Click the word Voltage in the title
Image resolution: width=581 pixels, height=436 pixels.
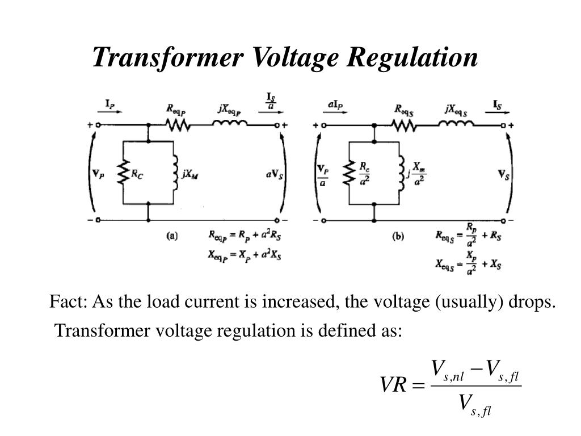[295, 58]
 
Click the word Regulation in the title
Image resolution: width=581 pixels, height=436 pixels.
[412, 58]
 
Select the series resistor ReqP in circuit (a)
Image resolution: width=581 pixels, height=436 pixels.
[178, 125]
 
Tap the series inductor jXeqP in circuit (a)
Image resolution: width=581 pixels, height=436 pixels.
[230, 123]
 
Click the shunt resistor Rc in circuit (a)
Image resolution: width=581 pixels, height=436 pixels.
[123, 173]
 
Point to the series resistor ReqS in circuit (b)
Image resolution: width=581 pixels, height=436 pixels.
[404, 125]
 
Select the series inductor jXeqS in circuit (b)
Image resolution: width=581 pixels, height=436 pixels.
[456, 123]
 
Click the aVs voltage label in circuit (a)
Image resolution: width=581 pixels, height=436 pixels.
[275, 174]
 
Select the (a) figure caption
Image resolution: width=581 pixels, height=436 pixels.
[172, 236]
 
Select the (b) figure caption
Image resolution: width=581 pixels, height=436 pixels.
[398, 236]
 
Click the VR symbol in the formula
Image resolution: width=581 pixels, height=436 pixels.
[393, 385]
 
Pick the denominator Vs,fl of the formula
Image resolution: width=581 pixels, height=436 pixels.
[475, 405]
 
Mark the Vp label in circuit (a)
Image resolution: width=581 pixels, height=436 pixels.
[98, 174]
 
